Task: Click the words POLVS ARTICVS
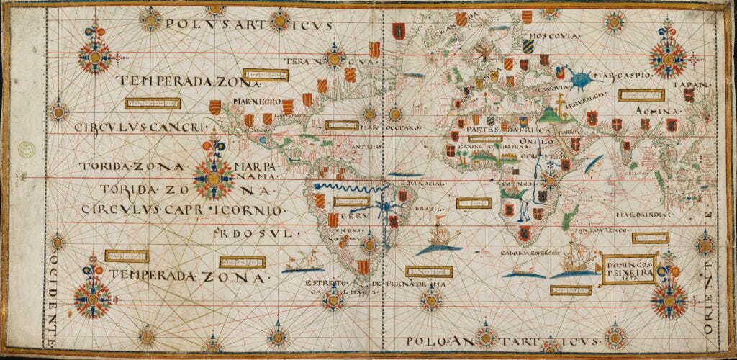click(248, 24)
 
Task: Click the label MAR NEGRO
click(256, 102)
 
